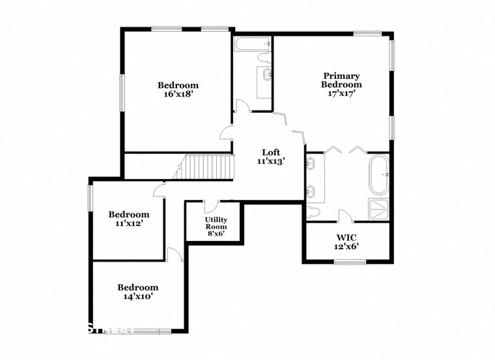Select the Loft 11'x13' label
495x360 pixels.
click(270, 157)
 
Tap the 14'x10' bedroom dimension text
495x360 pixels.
click(137, 296)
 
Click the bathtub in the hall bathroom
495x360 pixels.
click(253, 44)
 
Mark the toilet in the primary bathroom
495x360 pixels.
click(313, 212)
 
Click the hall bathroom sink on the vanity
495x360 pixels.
click(266, 75)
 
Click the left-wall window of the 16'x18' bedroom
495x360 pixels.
click(122, 92)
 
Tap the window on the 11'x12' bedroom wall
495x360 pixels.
click(91, 199)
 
